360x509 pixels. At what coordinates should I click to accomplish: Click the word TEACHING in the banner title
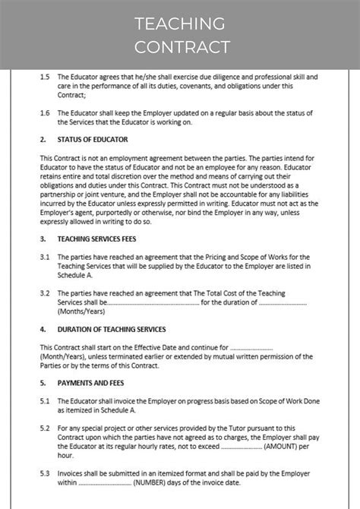point(180,24)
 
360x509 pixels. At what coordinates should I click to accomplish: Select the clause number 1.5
point(45,77)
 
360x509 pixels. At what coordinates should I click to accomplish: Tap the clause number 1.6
point(45,112)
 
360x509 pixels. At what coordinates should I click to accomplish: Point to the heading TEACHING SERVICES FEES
point(102,239)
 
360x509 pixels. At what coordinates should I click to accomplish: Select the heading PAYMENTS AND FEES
point(90,383)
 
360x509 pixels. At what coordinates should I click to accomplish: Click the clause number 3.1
point(45,258)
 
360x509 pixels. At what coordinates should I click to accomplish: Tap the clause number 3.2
point(45,292)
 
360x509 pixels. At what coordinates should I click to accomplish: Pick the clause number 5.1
point(45,401)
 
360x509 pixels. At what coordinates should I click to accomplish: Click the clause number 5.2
point(45,428)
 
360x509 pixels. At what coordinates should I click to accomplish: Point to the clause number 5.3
point(45,473)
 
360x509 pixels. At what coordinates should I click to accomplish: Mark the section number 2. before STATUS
point(43,140)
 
